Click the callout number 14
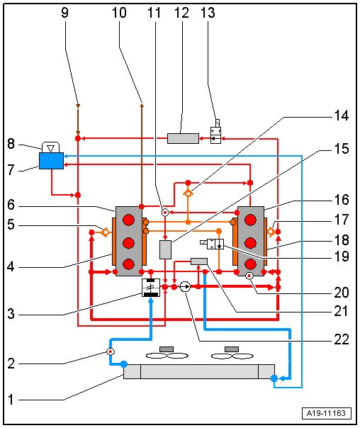tap(342, 116)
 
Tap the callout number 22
tap(342, 339)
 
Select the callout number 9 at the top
tap(64, 13)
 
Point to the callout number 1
tap(11, 400)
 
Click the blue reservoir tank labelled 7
tap(51, 161)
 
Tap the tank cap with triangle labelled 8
tap(50, 147)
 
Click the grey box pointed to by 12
tap(183, 138)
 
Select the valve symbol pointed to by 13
tap(215, 136)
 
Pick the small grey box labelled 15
tap(165, 249)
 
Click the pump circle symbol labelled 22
tap(185, 287)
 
